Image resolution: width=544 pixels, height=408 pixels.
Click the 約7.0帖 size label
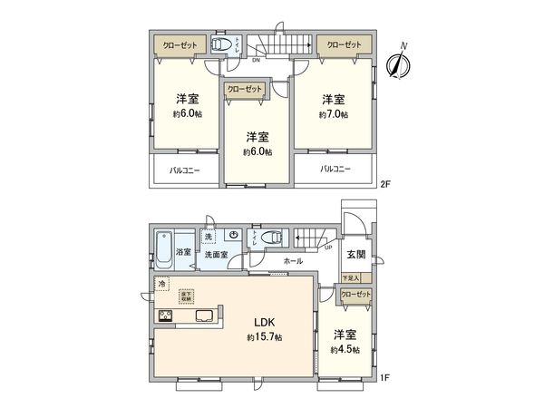pos(333,115)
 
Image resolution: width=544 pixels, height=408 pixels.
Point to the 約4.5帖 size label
pos(345,349)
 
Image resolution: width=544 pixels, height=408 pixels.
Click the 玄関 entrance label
pos(355,256)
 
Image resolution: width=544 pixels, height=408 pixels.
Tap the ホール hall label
pos(293,261)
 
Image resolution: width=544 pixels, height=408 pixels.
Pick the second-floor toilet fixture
pos(221,44)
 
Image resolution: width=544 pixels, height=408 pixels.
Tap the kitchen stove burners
pos(167,316)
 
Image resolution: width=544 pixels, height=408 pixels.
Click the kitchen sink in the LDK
pos(202,317)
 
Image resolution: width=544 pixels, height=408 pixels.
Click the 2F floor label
pos(385,184)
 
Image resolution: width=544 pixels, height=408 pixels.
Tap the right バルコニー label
pos(335,169)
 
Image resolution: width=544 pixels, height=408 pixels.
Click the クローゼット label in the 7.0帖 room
pos(341,44)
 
